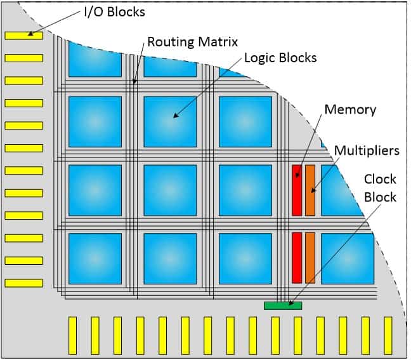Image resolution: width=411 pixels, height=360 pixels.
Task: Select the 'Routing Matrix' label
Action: click(x=192, y=42)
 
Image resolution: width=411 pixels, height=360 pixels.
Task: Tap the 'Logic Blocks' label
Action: click(x=280, y=58)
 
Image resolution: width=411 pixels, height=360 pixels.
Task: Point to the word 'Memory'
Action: click(x=350, y=109)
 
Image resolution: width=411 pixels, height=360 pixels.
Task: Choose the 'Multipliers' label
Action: click(x=367, y=150)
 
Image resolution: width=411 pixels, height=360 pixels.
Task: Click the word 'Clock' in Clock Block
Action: click(x=380, y=179)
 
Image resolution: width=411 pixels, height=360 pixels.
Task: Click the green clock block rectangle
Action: click(x=282, y=305)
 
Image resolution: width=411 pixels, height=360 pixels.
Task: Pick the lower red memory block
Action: click(x=296, y=257)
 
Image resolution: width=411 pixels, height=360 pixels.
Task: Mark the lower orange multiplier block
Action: click(x=310, y=257)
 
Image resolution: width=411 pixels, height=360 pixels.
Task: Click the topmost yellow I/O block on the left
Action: click(x=23, y=36)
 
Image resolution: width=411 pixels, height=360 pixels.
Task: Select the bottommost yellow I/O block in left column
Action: click(x=23, y=283)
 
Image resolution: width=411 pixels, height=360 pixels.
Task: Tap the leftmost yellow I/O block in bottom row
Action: click(x=72, y=335)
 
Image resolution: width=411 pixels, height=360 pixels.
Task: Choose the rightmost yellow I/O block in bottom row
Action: click(x=388, y=335)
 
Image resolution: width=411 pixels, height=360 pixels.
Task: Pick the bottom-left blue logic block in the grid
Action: click(x=95, y=258)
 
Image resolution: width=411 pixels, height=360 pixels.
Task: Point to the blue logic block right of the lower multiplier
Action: click(x=346, y=258)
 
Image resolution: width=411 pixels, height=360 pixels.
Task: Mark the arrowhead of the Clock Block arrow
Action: click(x=290, y=304)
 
